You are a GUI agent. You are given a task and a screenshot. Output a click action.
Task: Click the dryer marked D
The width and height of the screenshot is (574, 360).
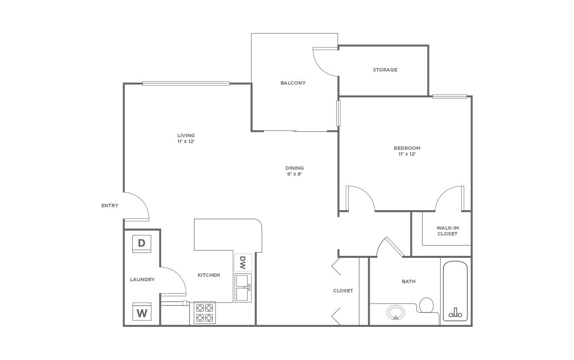click(142, 243)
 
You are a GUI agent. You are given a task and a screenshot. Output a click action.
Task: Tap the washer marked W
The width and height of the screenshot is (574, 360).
click(142, 312)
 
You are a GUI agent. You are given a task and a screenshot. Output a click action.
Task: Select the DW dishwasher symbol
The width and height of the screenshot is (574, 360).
click(243, 263)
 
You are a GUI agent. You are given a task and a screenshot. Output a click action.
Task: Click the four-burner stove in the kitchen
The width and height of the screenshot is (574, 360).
click(205, 313)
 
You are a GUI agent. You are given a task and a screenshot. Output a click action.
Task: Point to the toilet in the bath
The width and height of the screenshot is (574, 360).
click(427, 306)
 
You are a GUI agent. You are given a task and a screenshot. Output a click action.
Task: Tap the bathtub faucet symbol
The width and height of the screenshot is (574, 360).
click(455, 313)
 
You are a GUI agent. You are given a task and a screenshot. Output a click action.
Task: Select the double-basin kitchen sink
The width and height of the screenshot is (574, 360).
click(243, 288)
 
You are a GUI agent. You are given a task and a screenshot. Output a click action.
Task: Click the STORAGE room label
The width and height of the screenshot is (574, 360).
click(385, 70)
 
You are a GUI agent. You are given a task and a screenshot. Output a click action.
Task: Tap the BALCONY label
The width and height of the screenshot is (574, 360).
click(293, 83)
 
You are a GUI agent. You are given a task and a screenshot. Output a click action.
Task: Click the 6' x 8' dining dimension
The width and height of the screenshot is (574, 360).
click(294, 174)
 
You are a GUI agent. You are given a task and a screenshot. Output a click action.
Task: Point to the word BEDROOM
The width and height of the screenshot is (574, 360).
click(407, 148)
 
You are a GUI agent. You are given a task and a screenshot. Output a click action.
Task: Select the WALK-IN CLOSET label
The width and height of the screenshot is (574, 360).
click(447, 231)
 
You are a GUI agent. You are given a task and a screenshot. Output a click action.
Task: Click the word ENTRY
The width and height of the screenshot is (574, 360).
click(110, 206)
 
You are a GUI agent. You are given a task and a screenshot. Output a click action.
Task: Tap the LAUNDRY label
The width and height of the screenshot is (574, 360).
click(143, 280)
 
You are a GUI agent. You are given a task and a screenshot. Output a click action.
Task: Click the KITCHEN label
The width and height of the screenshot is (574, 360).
click(209, 275)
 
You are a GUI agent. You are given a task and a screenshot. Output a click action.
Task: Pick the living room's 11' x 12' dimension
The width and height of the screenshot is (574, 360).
click(186, 142)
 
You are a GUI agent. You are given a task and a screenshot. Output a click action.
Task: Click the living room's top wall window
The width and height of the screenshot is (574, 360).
click(186, 84)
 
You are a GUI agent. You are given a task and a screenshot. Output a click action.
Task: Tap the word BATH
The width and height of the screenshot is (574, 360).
click(409, 282)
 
